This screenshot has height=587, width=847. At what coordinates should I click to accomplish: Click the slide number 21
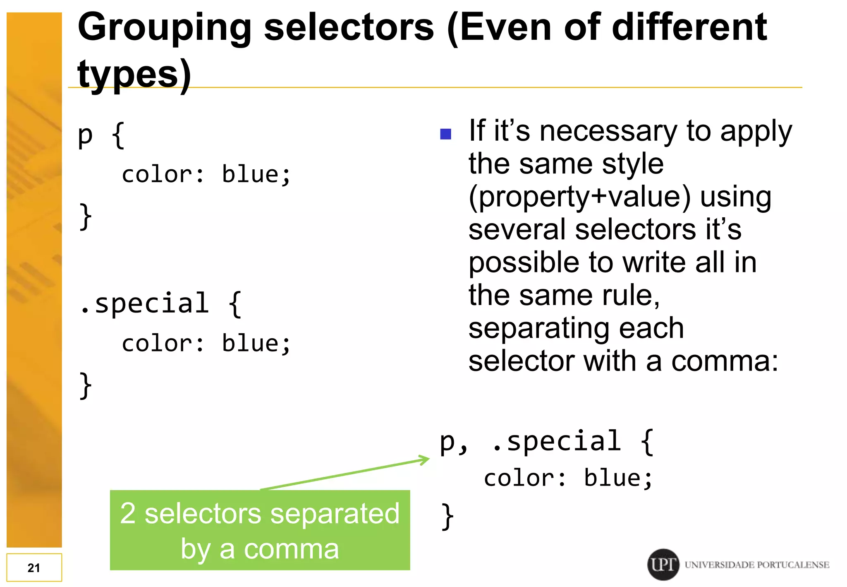coord(34,568)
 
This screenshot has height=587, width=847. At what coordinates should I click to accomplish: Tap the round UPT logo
coord(663,564)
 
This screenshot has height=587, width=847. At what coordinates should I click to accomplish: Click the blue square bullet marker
coord(445,134)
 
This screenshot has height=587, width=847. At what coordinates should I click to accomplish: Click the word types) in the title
coord(134,75)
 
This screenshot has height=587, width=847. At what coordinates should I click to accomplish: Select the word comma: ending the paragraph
coord(724,361)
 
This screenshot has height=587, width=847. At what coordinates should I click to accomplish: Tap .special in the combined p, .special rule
coord(557,441)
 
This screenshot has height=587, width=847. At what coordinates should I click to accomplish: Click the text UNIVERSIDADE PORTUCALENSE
coord(757,565)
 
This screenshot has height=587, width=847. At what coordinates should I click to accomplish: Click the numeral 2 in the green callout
coord(128,513)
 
